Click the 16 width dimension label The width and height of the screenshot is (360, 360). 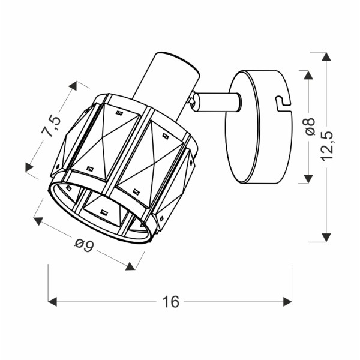(170, 302)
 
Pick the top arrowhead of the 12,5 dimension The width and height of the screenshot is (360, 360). (326, 57)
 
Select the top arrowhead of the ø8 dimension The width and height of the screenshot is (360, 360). (308, 75)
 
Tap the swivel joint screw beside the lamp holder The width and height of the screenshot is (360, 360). (192, 102)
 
